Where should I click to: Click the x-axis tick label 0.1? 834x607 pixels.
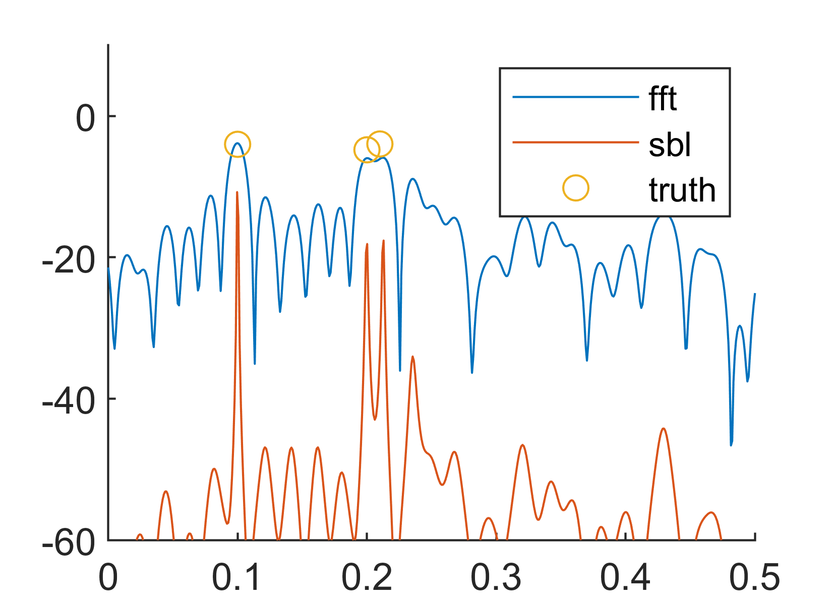[x=237, y=577]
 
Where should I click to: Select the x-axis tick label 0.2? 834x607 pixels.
[x=367, y=577]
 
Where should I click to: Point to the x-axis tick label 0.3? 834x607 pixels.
[x=496, y=577]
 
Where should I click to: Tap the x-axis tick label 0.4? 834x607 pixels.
[x=625, y=577]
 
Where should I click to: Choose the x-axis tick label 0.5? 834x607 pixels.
[x=755, y=577]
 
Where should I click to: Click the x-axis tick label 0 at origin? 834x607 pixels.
[x=108, y=577]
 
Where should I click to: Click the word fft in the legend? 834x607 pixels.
[x=663, y=99]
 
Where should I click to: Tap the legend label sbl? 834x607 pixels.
[x=670, y=145]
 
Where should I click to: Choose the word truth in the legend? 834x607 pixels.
[x=682, y=190]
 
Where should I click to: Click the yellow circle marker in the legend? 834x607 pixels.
[x=575, y=188]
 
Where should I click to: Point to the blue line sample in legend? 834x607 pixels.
[x=575, y=97]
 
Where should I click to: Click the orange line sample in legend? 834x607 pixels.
[x=575, y=143]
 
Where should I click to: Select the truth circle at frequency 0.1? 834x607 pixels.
[x=237, y=144]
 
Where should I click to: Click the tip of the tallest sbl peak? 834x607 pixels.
[x=237, y=192]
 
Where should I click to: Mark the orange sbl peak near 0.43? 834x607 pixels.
[x=664, y=429]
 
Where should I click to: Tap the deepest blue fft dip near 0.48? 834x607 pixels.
[x=731, y=445]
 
